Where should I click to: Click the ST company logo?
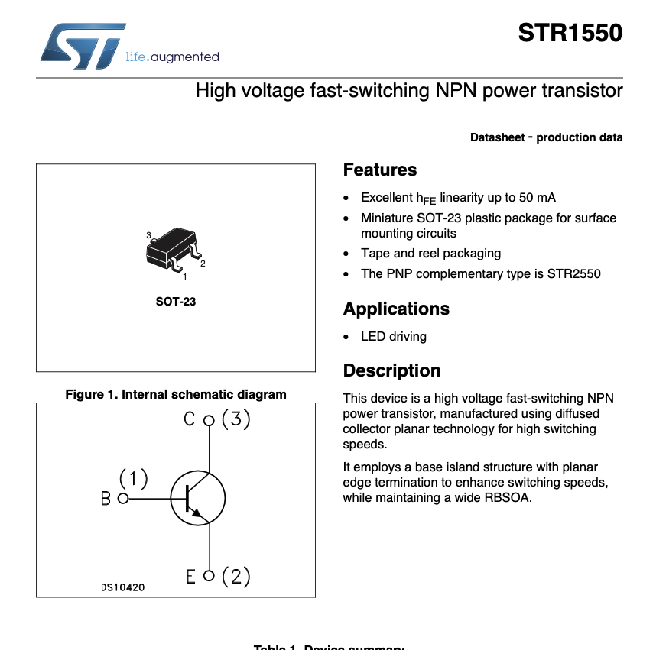(x=83, y=46)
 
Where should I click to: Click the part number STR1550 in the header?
(x=570, y=34)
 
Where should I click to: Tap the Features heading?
(x=380, y=170)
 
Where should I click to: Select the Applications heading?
(x=396, y=309)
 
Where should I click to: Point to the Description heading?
(x=391, y=370)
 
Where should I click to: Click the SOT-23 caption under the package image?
(x=176, y=301)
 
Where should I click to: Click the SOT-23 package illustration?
(x=174, y=247)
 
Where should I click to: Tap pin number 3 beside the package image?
(x=149, y=234)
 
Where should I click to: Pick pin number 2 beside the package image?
(x=203, y=264)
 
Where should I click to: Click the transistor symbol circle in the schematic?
(x=197, y=498)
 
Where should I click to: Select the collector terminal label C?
(x=189, y=419)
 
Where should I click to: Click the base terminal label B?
(x=106, y=499)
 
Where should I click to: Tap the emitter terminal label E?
(x=190, y=577)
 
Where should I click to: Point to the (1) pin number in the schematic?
(x=133, y=479)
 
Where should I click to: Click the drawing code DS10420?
(x=122, y=587)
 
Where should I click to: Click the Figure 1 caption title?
(x=176, y=394)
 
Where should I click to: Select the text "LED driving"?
(x=394, y=336)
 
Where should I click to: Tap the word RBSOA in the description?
(x=509, y=498)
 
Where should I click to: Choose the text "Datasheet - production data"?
(x=546, y=137)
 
